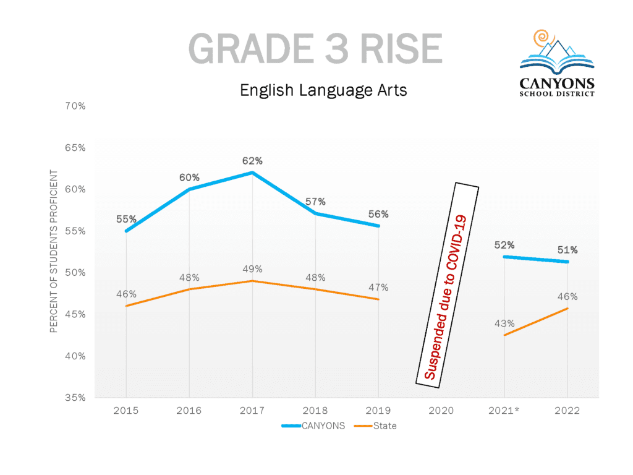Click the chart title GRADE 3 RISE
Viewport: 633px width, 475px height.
[x=315, y=49]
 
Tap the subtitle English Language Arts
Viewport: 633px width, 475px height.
[x=323, y=90]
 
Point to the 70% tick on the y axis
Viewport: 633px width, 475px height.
[x=75, y=106]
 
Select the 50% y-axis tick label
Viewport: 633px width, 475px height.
[x=75, y=273]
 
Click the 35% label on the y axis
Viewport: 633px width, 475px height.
[x=75, y=398]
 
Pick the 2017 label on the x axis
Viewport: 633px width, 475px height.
[x=252, y=411]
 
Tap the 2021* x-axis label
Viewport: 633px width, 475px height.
[x=504, y=411]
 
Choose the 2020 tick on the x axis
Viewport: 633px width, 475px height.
[x=441, y=411]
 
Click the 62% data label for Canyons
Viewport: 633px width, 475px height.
[x=252, y=161]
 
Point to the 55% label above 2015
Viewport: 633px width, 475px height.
[x=126, y=219]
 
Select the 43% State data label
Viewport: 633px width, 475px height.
[x=504, y=323]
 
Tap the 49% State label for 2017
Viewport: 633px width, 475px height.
[x=252, y=269]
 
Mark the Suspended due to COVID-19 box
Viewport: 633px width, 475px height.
[x=448, y=285]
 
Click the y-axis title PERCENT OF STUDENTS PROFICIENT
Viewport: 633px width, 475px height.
[x=54, y=251]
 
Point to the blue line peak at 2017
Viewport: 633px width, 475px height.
[x=252, y=173]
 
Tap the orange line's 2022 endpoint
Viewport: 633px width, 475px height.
[x=567, y=308]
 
